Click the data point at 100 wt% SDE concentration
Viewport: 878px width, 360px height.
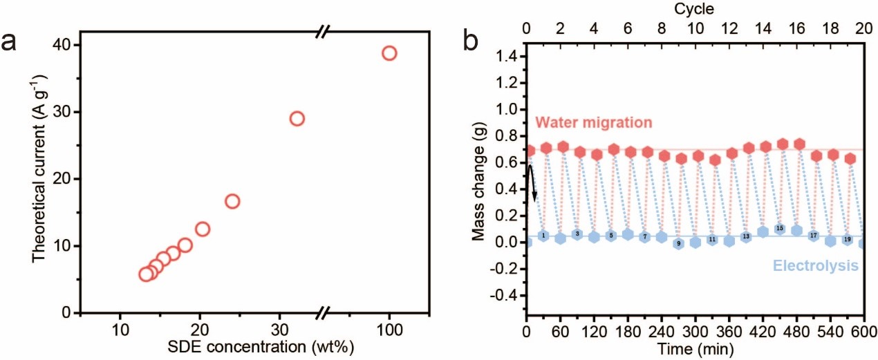pos(389,53)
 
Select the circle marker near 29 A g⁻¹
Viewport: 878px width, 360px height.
pos(297,118)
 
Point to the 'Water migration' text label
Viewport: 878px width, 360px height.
pos(594,122)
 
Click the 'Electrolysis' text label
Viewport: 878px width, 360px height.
pos(816,265)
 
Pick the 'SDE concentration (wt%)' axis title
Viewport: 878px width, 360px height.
pos(254,345)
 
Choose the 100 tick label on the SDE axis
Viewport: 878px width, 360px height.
pos(389,328)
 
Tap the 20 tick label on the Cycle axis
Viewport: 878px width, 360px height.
pos(863,28)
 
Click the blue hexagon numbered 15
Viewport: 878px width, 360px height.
pos(780,228)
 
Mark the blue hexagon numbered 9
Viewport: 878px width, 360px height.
pos(679,243)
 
